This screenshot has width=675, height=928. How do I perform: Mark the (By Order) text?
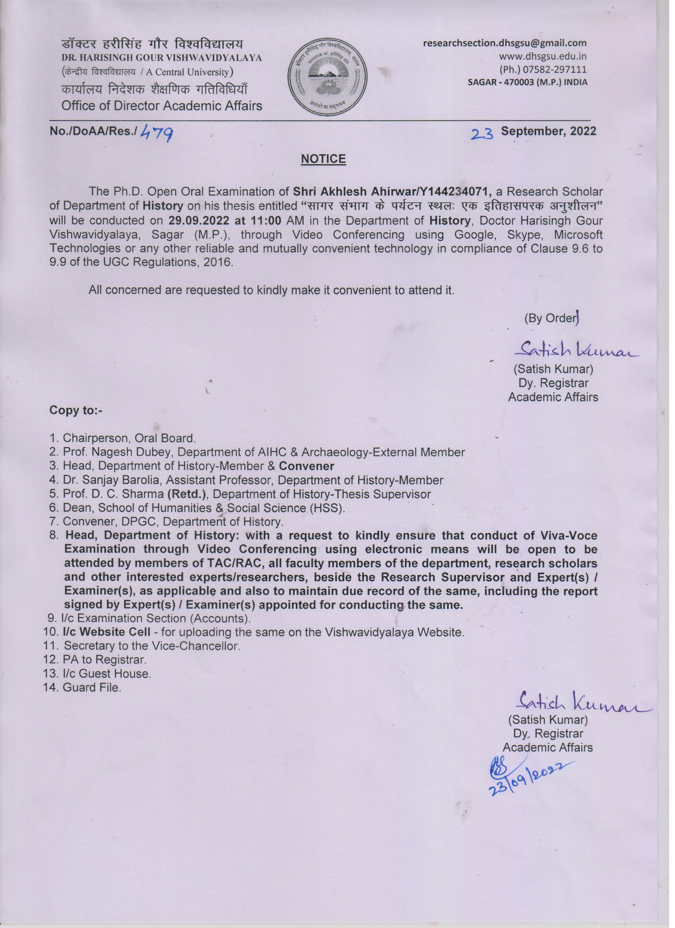click(x=551, y=319)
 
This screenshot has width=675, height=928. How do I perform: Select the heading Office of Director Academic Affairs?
click(x=162, y=106)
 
